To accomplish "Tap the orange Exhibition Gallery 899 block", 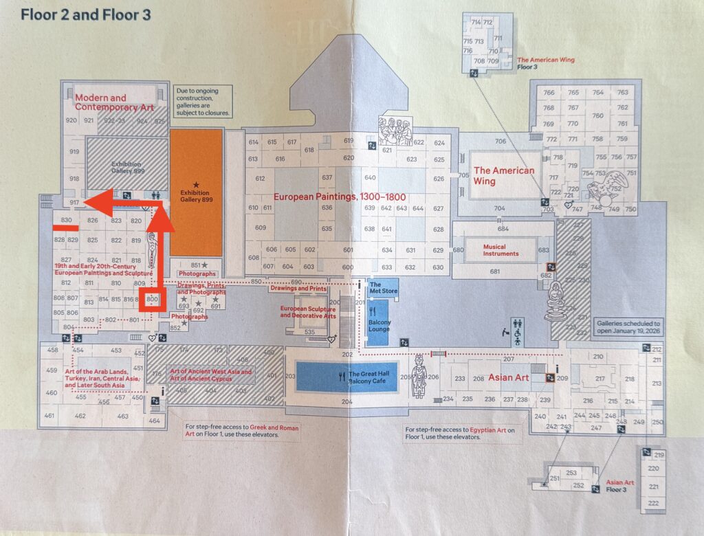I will coord(196,193).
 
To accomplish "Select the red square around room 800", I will coord(152,300).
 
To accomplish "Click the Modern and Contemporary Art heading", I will coord(110,102).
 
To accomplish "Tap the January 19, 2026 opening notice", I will coord(628,326).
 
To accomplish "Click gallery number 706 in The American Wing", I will coord(500,142).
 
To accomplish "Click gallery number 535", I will coord(309,333).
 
